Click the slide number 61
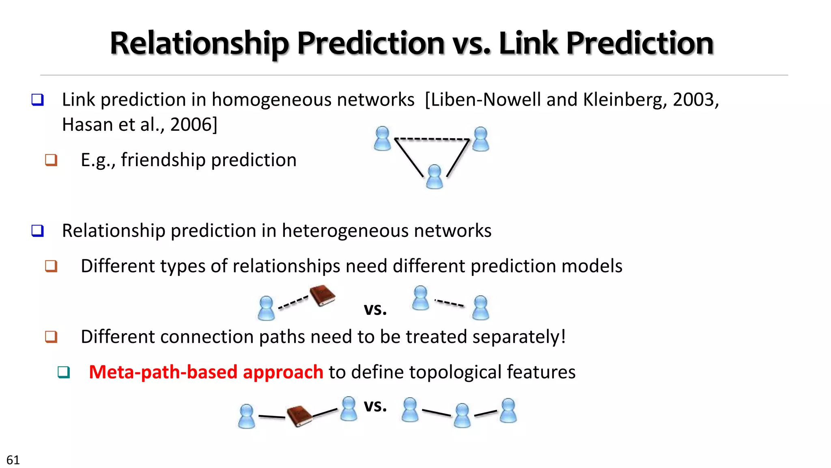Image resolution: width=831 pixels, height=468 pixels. pyautogui.click(x=13, y=460)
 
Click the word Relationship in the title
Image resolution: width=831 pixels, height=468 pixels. pyautogui.click(x=199, y=43)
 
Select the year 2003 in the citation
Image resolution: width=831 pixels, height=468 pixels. pyautogui.click(x=695, y=100)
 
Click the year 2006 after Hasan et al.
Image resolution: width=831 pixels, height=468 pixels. pyautogui.click(x=194, y=124)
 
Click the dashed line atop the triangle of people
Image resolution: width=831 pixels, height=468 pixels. pyautogui.click(x=432, y=139)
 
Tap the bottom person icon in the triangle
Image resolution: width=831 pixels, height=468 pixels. pyautogui.click(x=435, y=177)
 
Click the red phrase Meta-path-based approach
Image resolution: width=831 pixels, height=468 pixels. pyautogui.click(x=206, y=372)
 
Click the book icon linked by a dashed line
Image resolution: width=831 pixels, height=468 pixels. pyautogui.click(x=322, y=295)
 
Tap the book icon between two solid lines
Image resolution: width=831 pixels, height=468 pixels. pyautogui.click(x=299, y=416)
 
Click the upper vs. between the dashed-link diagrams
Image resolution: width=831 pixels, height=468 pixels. pyautogui.click(x=375, y=309)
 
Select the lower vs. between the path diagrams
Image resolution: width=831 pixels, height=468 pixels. pyautogui.click(x=375, y=405)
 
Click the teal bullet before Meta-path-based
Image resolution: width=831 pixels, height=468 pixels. pyautogui.click(x=64, y=372)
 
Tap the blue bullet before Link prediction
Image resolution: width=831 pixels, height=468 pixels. pyautogui.click(x=38, y=100)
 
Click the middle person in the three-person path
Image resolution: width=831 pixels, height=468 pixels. pyautogui.click(x=462, y=415)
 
